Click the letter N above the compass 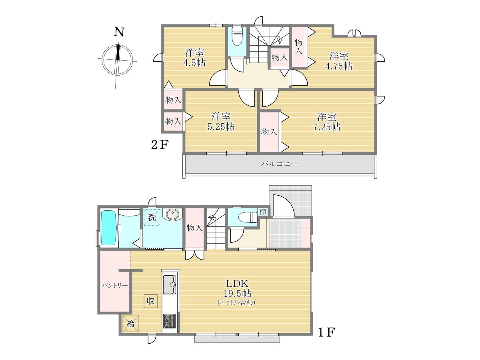point(119,32)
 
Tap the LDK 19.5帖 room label point(237,288)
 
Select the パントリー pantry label point(114,286)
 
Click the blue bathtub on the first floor point(108,228)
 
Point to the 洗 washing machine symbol point(152,217)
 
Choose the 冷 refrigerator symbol point(130,324)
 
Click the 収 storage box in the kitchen point(151,301)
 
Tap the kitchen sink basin point(170,284)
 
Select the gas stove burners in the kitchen point(170,321)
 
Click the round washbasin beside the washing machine point(172,214)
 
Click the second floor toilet point(237,36)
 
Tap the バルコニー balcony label point(279,164)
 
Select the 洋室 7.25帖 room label point(327,122)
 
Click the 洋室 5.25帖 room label point(221,122)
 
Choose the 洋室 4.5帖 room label point(194,58)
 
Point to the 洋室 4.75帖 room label point(339,61)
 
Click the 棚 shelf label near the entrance point(263,212)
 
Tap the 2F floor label point(160,144)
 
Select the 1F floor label point(326,332)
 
